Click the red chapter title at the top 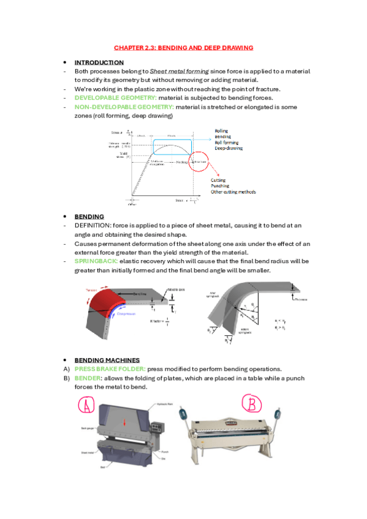pos(183,47)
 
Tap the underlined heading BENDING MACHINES pos(107,360)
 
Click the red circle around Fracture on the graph pos(199,163)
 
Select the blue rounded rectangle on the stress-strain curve pos(172,147)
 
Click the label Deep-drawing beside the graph pos(229,147)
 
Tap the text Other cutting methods pos(233,192)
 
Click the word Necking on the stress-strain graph pos(181,163)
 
